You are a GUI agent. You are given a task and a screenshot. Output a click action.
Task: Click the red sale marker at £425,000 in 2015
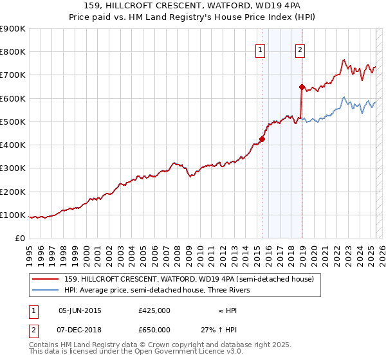tap(262, 139)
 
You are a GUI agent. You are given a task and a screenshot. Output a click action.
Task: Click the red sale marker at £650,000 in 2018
tap(302, 86)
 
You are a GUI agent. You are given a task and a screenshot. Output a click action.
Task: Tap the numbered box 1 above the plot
tap(260, 51)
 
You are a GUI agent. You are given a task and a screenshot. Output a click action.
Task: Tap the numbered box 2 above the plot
tap(300, 51)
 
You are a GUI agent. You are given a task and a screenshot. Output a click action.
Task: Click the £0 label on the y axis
tap(19, 239)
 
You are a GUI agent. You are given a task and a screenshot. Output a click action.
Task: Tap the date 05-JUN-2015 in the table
tap(80, 310)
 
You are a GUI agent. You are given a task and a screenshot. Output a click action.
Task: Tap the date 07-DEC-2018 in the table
tap(80, 329)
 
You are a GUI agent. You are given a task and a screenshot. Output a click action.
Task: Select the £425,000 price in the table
tap(154, 310)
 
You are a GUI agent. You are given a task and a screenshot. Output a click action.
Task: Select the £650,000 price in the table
tap(154, 329)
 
